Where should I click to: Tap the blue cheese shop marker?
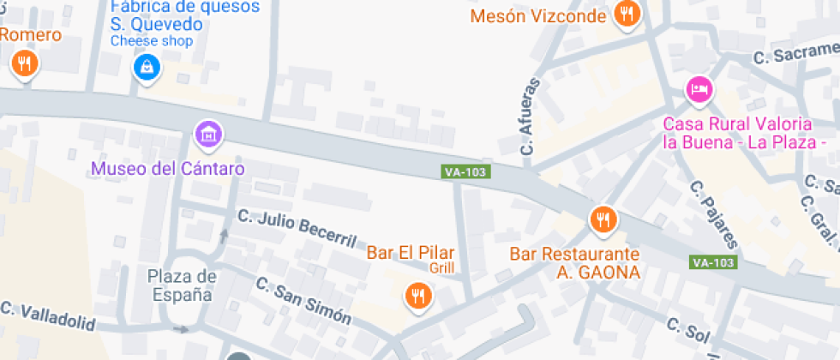[147, 66]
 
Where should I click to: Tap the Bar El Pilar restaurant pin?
[418, 296]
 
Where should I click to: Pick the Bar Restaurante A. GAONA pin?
[603, 219]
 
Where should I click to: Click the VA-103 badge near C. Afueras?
[465, 172]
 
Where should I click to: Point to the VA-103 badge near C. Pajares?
[713, 261]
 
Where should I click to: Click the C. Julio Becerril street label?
[295, 226]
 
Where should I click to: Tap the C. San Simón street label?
[303, 301]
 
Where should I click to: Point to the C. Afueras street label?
[531, 117]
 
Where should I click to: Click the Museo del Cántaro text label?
[168, 168]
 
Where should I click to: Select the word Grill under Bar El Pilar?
[441, 268]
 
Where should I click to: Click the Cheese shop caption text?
[152, 41]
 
